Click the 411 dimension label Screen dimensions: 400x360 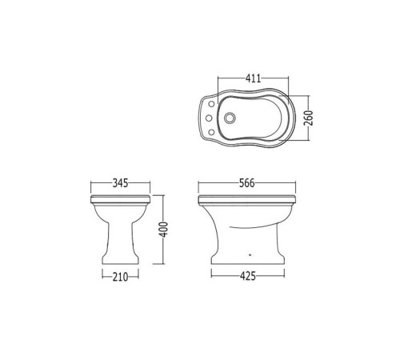tap(253, 78)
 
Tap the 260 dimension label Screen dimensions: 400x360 tap(309, 118)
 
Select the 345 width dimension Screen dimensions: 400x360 tap(120, 183)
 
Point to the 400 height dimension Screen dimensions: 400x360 tap(163, 230)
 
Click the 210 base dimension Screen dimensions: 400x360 tap(120, 277)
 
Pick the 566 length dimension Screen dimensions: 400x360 tap(247, 183)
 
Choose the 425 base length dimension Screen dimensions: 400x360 tap(248, 276)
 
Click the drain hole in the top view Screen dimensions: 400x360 tap(230, 118)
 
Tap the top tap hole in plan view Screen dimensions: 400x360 tap(212, 104)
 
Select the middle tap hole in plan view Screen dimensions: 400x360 tap(209, 118)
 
